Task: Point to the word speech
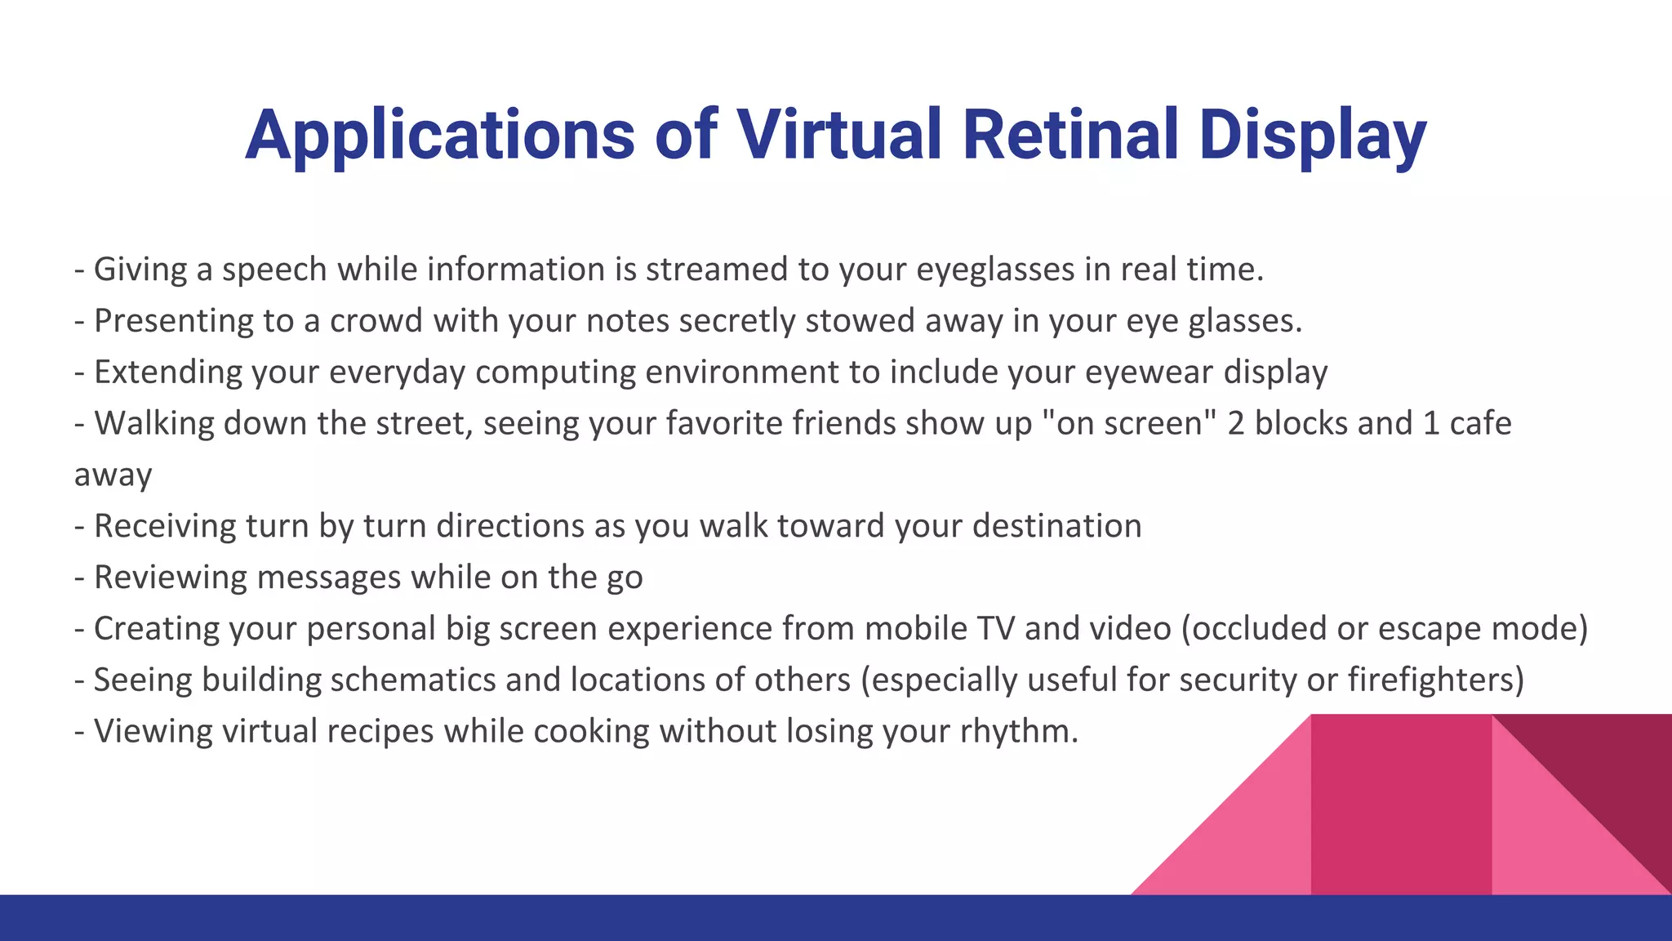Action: point(274,270)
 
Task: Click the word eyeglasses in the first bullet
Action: point(995,270)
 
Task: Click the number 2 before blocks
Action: point(1236,423)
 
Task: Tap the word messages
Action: point(329,578)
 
